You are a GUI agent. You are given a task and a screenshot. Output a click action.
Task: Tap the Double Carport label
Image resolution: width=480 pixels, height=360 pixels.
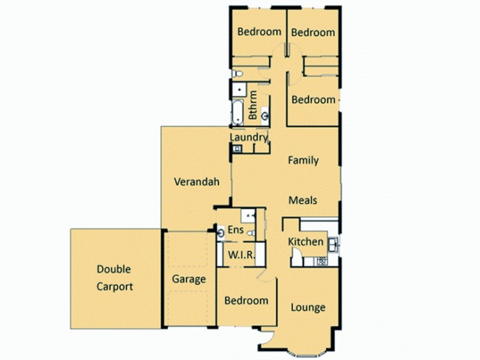click(115, 278)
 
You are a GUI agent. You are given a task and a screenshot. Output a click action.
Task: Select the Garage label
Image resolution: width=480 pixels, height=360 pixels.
click(189, 279)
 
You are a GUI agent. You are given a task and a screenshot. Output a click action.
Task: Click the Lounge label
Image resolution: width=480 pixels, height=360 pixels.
click(308, 308)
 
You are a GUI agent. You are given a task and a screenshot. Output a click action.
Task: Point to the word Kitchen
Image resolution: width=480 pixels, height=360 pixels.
click(306, 242)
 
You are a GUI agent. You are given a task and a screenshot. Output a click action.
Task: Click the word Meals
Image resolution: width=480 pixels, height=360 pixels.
click(303, 200)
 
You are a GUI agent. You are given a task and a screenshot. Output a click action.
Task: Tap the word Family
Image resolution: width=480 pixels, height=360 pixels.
click(303, 160)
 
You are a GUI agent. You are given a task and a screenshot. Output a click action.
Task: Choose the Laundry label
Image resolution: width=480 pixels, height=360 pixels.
click(248, 137)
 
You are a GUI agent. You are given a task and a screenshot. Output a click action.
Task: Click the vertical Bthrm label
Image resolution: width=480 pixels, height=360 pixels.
click(253, 106)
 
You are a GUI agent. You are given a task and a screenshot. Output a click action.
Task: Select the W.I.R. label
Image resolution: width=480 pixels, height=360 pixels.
click(241, 255)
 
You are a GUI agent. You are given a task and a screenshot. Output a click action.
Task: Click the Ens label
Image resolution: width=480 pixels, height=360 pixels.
click(236, 230)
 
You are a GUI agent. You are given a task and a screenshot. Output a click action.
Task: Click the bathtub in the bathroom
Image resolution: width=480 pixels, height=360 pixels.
click(237, 112)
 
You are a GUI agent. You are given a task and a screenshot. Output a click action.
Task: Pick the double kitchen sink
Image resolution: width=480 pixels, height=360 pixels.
click(333, 244)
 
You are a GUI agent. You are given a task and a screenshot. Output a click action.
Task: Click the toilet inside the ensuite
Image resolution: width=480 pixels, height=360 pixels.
click(252, 233)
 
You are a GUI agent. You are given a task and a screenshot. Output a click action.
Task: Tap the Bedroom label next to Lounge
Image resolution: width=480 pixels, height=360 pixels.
click(246, 301)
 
